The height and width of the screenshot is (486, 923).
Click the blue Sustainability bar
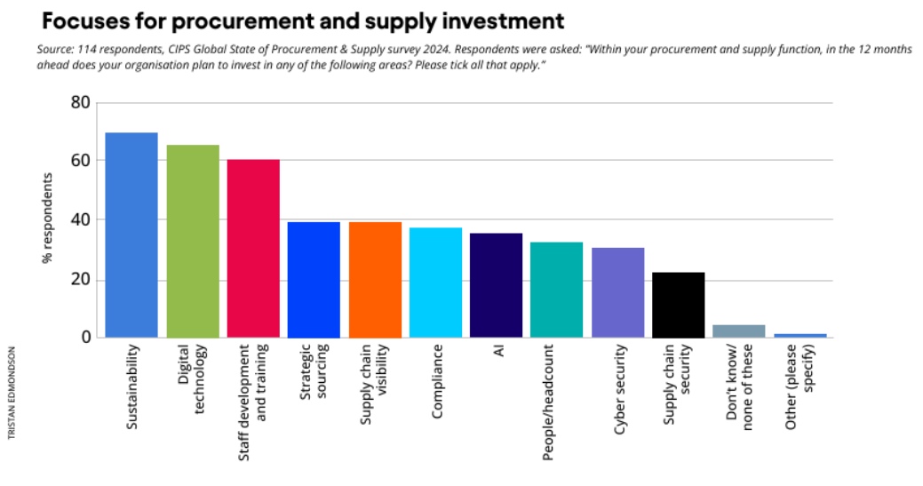pyautogui.click(x=131, y=235)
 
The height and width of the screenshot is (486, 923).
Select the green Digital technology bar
pyautogui.click(x=193, y=242)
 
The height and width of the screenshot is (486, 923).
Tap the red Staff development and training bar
pyautogui.click(x=253, y=249)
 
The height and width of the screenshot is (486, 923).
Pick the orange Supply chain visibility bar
pyautogui.click(x=375, y=280)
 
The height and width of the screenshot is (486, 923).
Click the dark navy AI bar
pyautogui.click(x=496, y=285)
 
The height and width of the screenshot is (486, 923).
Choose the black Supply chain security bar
pyautogui.click(x=678, y=305)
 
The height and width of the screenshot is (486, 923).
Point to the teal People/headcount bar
pyautogui.click(x=556, y=290)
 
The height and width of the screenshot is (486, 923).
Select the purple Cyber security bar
pyautogui.click(x=617, y=292)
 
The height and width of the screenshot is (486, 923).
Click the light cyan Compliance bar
pyautogui.click(x=435, y=283)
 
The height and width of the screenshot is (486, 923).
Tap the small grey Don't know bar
pyautogui.click(x=739, y=331)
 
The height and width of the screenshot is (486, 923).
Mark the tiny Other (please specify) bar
pyautogui.click(x=800, y=335)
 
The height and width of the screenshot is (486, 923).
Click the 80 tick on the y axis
pyautogui.click(x=80, y=102)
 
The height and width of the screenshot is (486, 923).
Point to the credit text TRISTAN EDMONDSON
pyautogui.click(x=12, y=394)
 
